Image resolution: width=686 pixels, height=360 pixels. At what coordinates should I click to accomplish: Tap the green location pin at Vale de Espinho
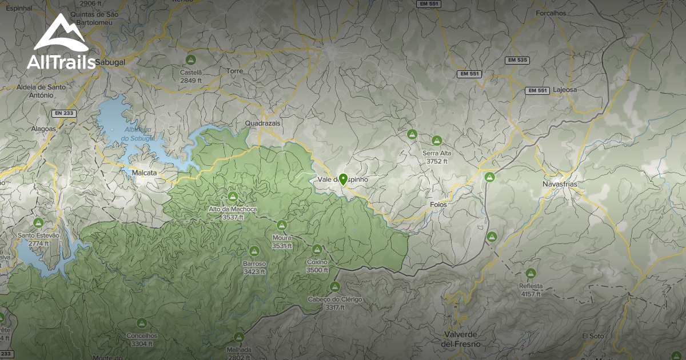(x=342, y=179)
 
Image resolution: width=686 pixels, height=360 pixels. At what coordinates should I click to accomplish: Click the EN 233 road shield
(x=64, y=113)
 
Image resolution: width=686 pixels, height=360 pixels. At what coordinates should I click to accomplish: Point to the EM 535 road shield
(x=517, y=60)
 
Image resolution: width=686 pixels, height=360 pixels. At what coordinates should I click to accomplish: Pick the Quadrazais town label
(x=262, y=123)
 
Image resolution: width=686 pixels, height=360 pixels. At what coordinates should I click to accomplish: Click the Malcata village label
(x=144, y=172)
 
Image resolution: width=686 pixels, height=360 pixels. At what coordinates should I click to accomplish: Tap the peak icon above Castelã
(x=191, y=59)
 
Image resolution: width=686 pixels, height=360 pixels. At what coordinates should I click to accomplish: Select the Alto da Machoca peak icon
(x=233, y=197)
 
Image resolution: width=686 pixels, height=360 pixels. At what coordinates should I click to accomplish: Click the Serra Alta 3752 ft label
(x=437, y=157)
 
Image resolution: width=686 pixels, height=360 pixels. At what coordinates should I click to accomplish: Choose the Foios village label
(x=438, y=204)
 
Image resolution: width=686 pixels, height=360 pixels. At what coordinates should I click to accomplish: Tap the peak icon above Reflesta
(x=531, y=274)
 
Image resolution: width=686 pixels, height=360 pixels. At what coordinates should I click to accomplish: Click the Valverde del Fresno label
(x=461, y=339)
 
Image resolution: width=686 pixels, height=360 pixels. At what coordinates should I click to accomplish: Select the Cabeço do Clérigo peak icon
(x=335, y=287)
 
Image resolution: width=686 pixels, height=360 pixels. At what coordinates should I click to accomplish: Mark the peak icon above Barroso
(x=254, y=251)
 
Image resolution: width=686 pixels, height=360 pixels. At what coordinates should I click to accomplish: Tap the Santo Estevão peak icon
(x=39, y=223)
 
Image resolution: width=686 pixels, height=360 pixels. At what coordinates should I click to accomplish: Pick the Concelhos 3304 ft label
(x=142, y=339)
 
